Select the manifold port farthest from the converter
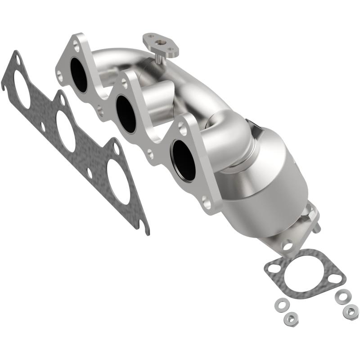79,75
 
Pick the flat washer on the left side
281,305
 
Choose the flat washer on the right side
343,296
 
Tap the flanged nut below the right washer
350,312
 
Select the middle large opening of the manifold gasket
66,130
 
